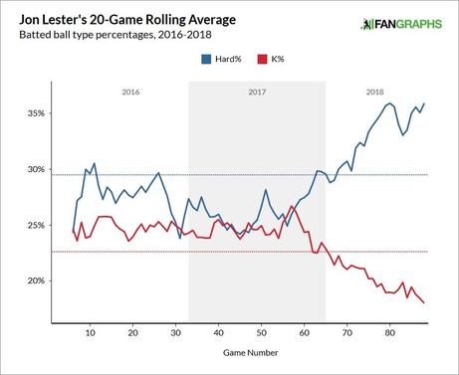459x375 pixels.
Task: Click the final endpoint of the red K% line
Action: pos(425,302)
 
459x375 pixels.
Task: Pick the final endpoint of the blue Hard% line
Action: pos(425,103)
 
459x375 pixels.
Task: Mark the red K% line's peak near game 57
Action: pos(291,206)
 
